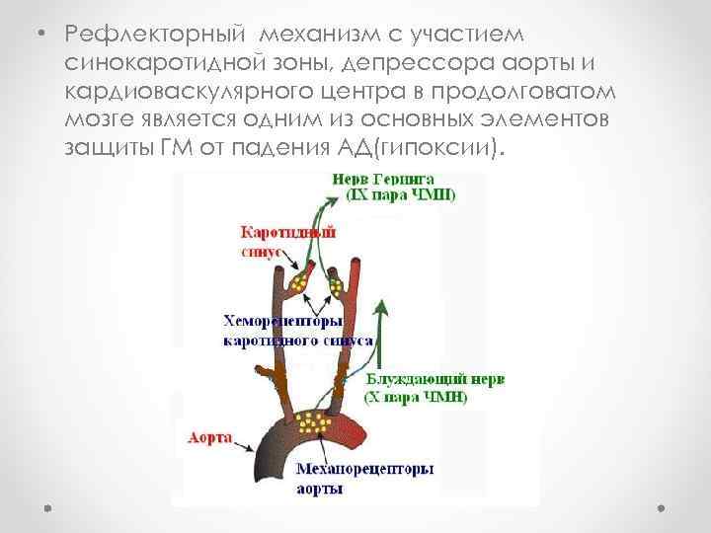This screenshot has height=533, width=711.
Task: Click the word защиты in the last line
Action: (x=110, y=149)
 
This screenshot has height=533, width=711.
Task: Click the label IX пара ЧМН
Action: (x=400, y=195)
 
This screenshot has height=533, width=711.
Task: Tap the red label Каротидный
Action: (x=288, y=233)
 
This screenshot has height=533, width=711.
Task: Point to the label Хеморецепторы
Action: (x=282, y=321)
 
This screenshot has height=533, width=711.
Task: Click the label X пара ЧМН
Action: (x=417, y=398)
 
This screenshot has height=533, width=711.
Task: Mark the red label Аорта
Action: (x=209, y=435)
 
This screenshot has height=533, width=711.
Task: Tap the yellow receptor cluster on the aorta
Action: (x=315, y=421)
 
